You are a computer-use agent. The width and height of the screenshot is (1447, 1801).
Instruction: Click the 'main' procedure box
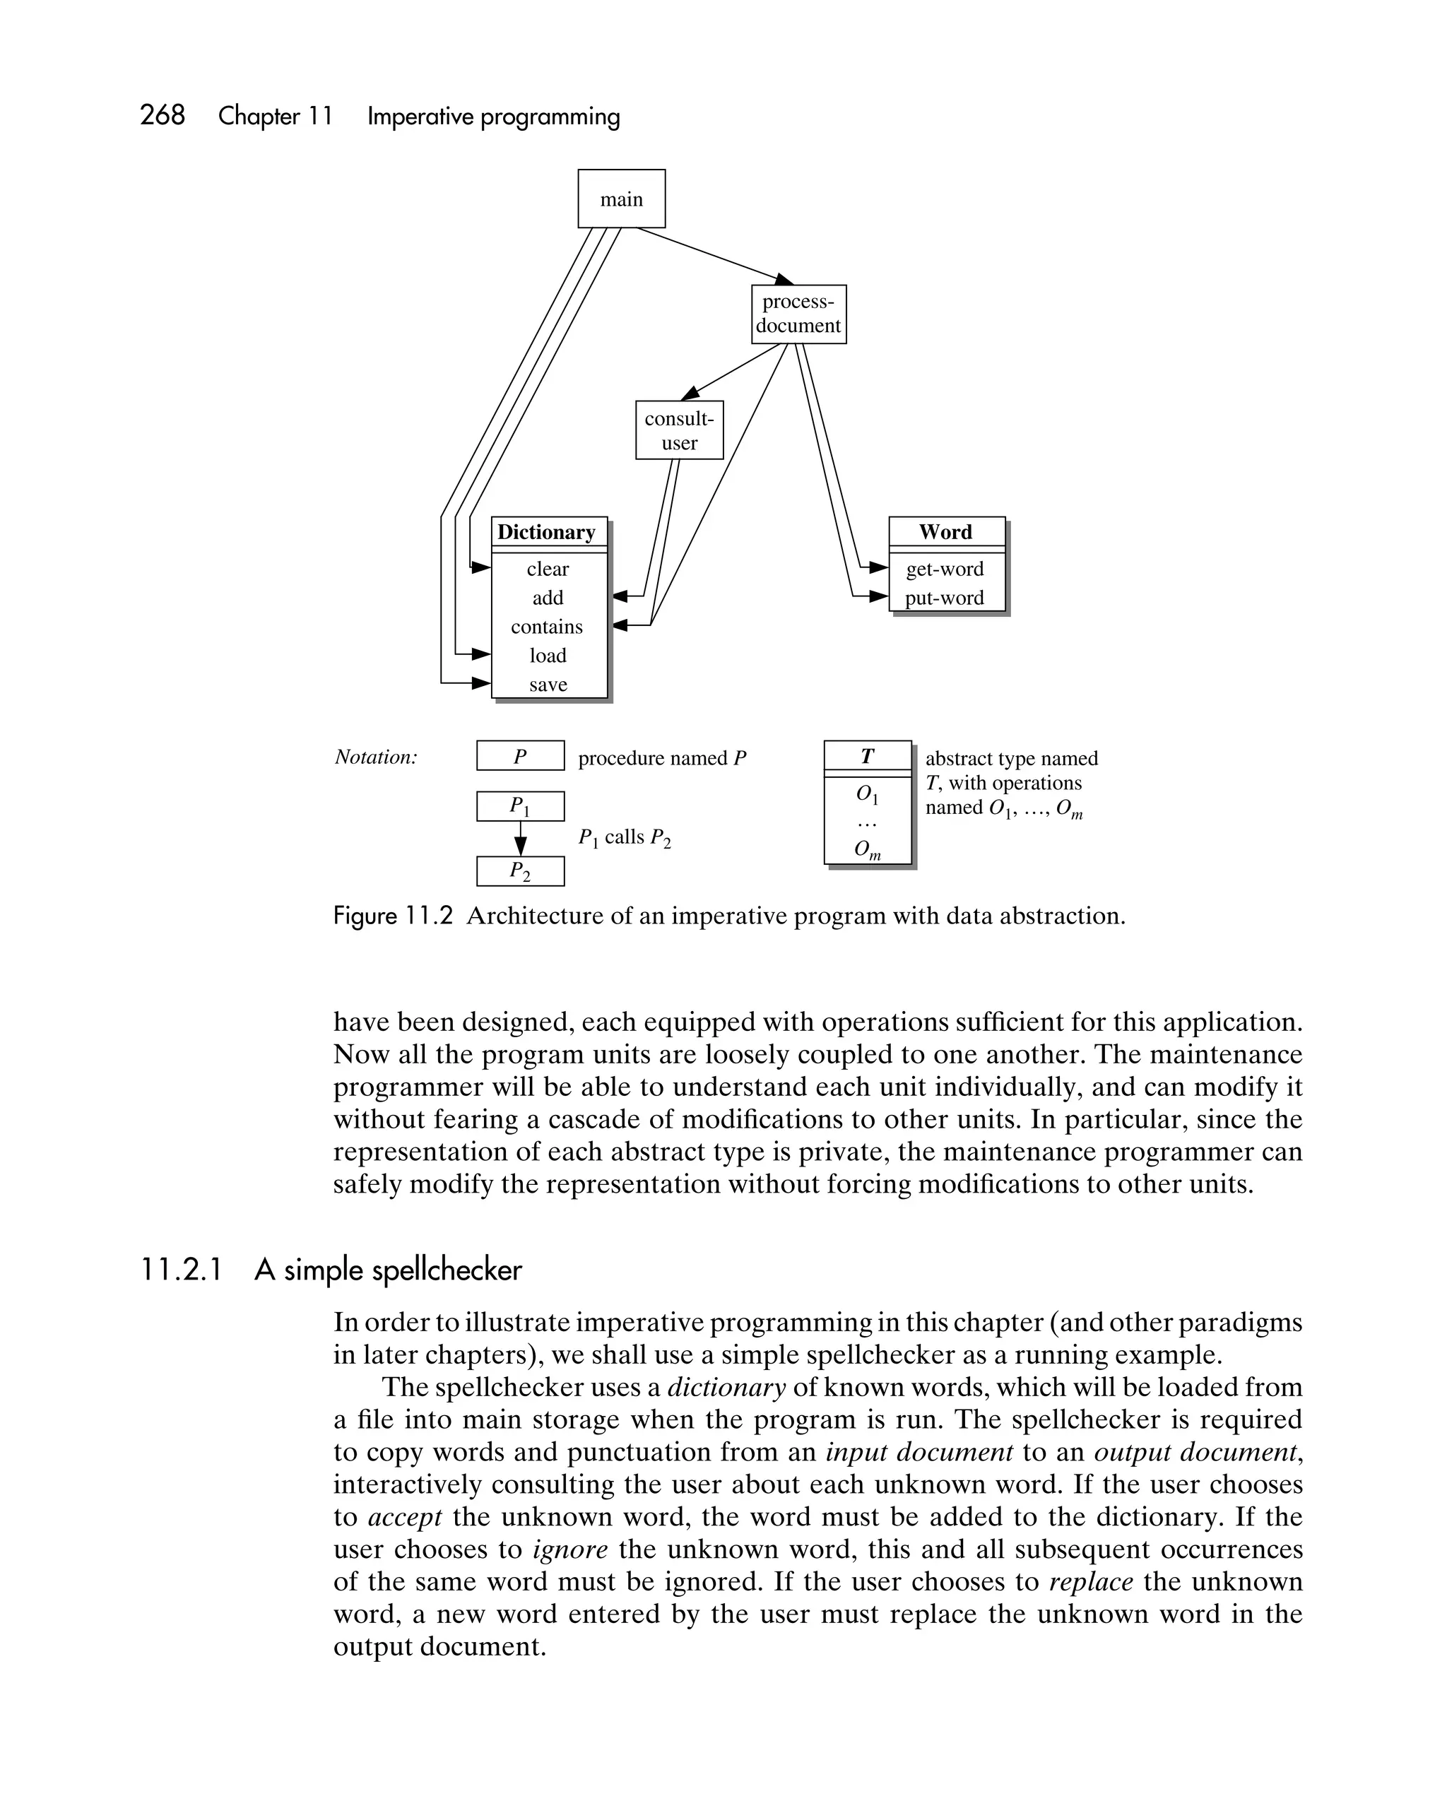(x=621, y=199)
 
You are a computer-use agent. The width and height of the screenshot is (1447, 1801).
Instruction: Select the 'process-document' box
(x=798, y=314)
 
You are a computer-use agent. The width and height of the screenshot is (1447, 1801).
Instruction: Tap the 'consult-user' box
(x=678, y=430)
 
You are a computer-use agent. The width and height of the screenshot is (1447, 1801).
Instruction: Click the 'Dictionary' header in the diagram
(x=548, y=532)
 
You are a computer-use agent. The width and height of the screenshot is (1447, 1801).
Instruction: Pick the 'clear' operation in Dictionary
(x=548, y=569)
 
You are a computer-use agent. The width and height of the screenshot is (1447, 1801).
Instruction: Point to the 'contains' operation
(x=548, y=627)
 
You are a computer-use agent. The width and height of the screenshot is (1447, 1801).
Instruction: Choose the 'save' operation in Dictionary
(x=548, y=685)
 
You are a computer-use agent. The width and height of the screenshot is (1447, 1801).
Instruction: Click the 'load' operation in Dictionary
(x=548, y=656)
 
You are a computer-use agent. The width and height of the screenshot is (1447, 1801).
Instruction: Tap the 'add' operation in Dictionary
(x=548, y=598)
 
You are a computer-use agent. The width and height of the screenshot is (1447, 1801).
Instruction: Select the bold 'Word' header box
(x=946, y=532)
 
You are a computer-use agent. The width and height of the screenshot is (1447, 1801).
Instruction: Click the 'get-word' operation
(x=945, y=569)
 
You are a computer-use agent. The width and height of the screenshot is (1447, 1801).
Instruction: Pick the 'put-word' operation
(x=944, y=598)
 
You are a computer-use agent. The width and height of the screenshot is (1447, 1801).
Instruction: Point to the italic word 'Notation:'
(x=376, y=757)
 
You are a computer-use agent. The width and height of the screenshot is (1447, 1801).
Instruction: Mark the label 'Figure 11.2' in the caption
(x=393, y=916)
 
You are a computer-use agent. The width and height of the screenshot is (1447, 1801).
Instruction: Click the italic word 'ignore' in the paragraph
(x=569, y=1549)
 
